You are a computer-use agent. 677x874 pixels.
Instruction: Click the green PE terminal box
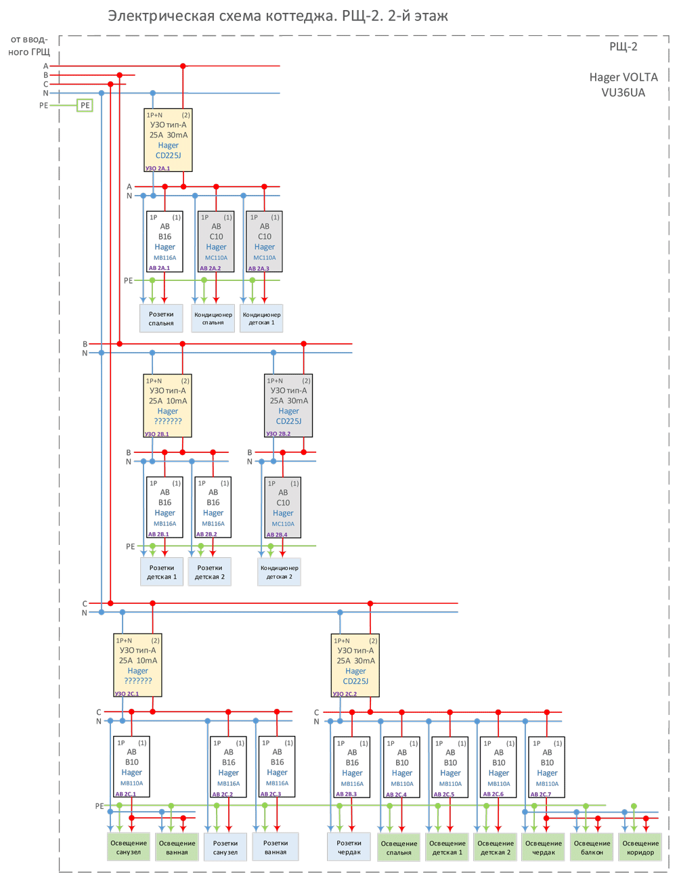pos(85,105)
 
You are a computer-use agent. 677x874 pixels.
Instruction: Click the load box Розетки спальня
pos(161,318)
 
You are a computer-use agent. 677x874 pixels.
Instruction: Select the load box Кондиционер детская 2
pos(279,572)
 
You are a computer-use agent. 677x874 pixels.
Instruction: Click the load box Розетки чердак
pos(349,847)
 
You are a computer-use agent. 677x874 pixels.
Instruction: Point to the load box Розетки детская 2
pos(210,572)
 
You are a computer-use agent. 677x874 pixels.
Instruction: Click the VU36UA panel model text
pos(623,93)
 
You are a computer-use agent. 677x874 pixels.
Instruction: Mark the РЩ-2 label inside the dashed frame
pos(623,47)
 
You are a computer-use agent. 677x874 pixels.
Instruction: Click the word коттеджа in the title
pos(295,16)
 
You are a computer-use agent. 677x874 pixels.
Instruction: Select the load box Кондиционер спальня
pos(213,318)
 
